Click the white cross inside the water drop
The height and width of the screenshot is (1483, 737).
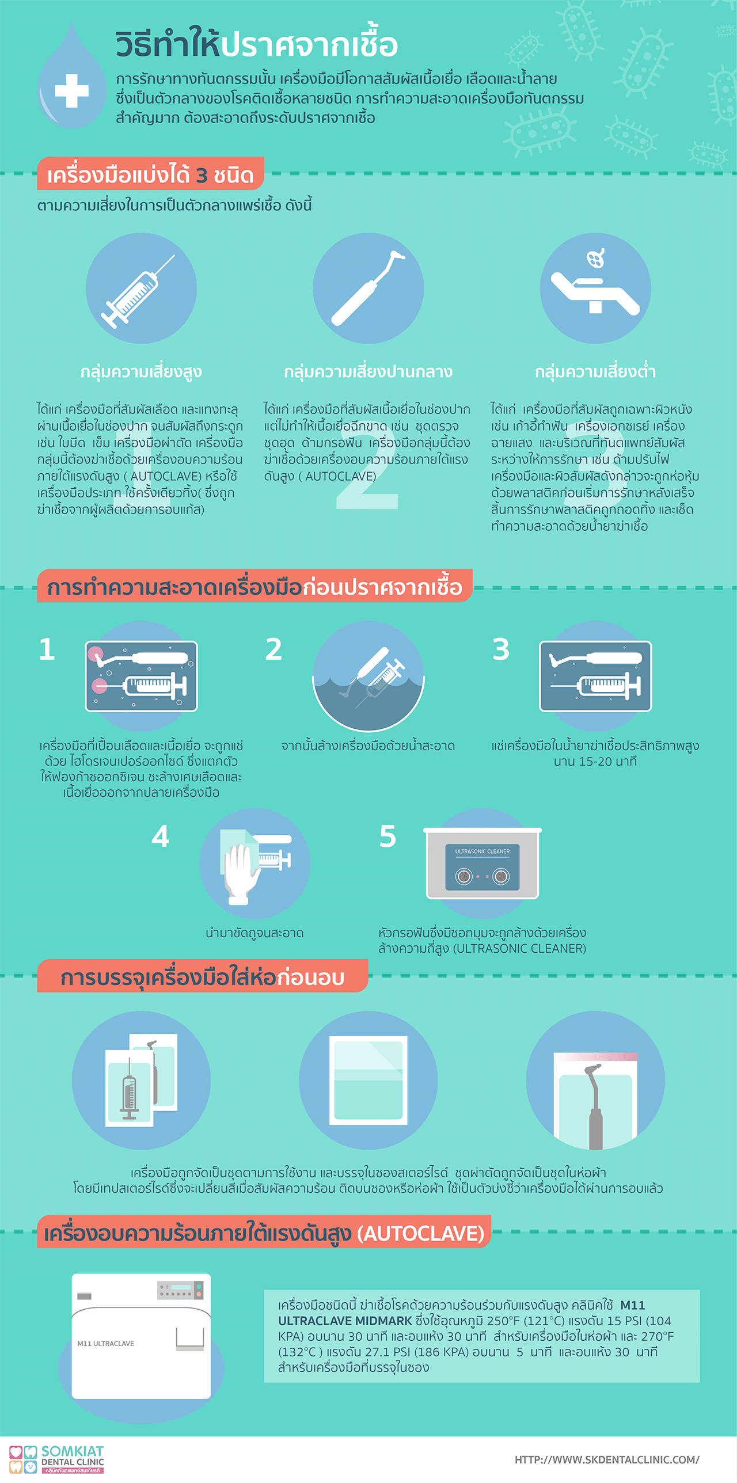[x=72, y=91]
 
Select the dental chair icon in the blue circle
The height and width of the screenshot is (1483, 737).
[x=595, y=282]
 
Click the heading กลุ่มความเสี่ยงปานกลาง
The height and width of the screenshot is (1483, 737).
[x=368, y=372]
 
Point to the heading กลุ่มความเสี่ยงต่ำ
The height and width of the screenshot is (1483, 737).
[x=595, y=372]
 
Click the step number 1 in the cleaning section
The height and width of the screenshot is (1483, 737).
[x=47, y=649]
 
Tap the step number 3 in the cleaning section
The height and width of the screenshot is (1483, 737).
[x=501, y=649]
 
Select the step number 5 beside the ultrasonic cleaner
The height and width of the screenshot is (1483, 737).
[x=388, y=836]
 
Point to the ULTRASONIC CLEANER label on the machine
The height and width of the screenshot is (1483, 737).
[x=483, y=851]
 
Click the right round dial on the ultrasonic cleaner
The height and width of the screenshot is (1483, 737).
[x=501, y=877]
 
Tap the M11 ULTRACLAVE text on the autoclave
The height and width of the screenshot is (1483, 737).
[x=106, y=1344]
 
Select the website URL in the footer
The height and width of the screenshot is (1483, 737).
[x=607, y=1459]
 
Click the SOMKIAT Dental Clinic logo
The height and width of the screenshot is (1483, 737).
[x=56, y=1459]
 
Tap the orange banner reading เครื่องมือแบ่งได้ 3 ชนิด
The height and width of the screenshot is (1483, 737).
[x=150, y=174]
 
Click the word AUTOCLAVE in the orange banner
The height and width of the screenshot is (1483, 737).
[x=421, y=1234]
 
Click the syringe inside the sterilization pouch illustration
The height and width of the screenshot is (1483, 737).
[x=130, y=1089]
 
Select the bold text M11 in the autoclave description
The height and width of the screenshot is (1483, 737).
[x=632, y=1305]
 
